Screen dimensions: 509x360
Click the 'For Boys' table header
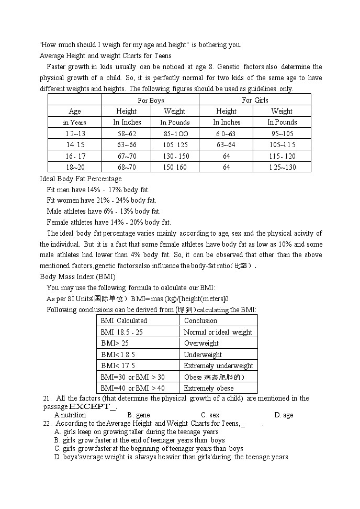[x=151, y=100]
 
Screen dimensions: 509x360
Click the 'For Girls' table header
[x=255, y=100]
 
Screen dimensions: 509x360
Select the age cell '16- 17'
[x=75, y=156]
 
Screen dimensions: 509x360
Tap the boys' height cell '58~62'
[x=127, y=134]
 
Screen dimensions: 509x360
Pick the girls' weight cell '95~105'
[x=282, y=134]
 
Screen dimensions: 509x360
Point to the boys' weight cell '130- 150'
[x=175, y=156]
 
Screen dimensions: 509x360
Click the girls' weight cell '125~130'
[x=282, y=167]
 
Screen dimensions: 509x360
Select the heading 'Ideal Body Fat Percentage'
[x=81, y=179]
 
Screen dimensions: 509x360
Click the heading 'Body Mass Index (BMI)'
[x=77, y=276]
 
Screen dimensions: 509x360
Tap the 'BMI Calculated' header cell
[x=124, y=320]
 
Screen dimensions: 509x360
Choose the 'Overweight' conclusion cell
[x=201, y=343]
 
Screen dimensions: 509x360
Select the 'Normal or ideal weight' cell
[x=218, y=332]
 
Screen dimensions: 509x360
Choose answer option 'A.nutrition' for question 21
[x=70, y=415]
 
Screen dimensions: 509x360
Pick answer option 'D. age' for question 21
[x=284, y=415]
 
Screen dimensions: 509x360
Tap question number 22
[x=47, y=424]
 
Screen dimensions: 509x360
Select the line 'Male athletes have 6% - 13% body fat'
[x=104, y=212]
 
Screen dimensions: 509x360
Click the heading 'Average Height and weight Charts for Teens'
[x=105, y=56]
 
